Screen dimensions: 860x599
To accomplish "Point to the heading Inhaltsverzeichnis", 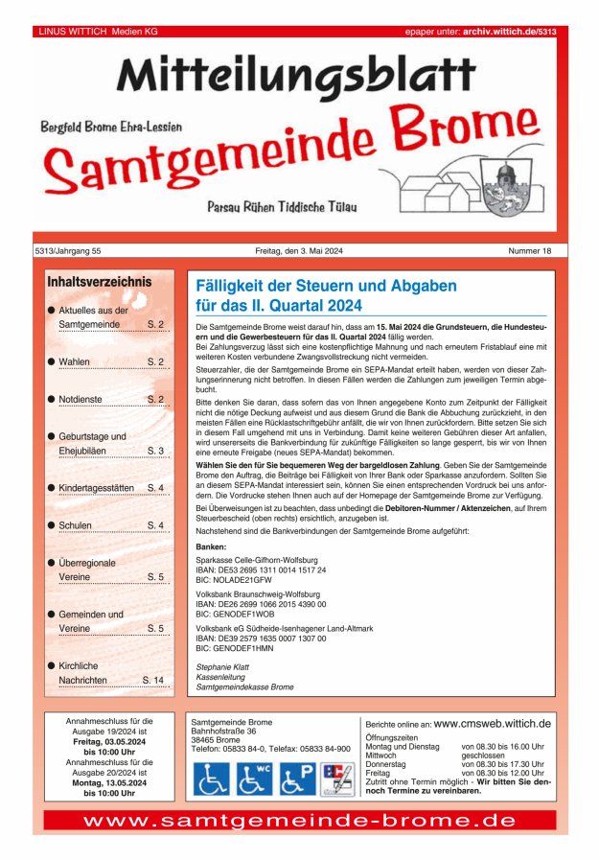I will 99,282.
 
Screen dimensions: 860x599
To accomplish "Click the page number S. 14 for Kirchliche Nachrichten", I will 153,680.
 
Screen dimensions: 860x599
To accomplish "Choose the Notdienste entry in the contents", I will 81,398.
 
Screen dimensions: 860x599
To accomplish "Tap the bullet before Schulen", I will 50,525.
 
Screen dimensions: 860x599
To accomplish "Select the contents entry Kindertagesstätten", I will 96,488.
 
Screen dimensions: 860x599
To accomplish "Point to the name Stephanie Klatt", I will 222,666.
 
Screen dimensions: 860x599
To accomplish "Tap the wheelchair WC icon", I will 254,779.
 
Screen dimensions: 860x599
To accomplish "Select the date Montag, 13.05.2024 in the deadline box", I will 109,782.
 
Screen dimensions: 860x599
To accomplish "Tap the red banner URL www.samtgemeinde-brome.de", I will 299,821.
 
